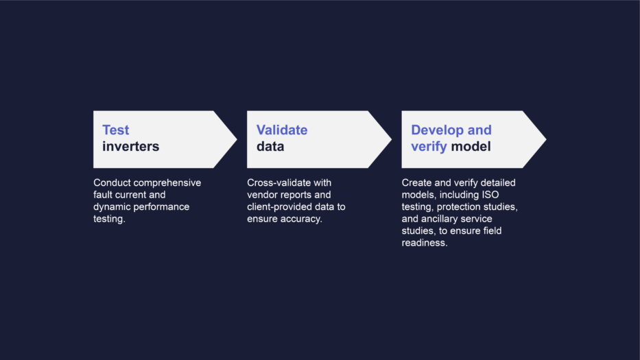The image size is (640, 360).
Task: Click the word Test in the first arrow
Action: [x=115, y=130]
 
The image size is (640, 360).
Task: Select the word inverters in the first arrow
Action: [x=130, y=147]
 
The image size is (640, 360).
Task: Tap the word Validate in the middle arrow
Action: [x=282, y=130]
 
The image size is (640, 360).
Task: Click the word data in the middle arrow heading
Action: [x=270, y=147]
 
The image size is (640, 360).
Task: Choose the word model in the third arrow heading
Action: [x=471, y=147]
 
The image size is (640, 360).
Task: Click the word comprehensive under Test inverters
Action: [x=167, y=183]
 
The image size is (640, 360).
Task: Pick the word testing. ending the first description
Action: [x=109, y=219]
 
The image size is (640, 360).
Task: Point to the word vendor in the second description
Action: [x=262, y=195]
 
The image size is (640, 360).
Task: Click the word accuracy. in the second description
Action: [x=301, y=219]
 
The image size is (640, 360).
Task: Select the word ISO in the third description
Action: [x=490, y=195]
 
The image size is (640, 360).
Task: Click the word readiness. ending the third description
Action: [x=424, y=243]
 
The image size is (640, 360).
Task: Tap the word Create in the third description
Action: [x=416, y=183]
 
